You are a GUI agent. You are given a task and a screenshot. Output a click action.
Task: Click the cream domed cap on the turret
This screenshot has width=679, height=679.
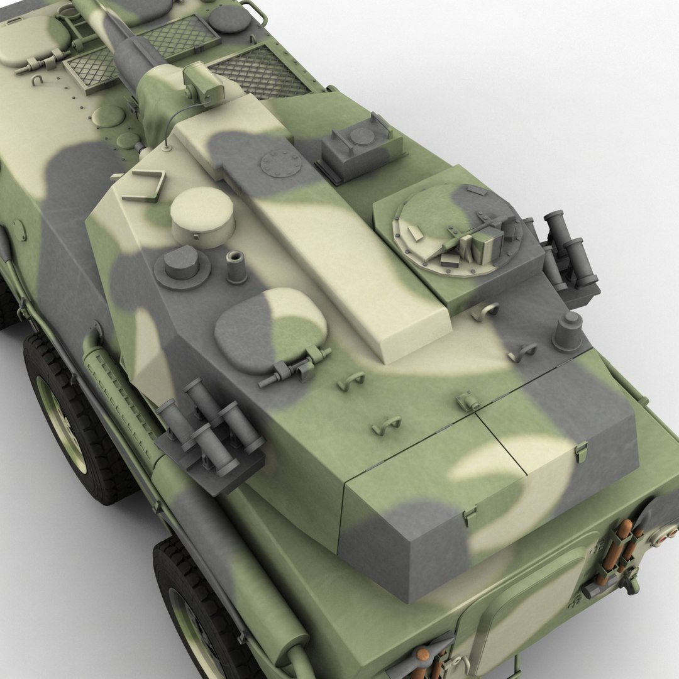click(202, 214)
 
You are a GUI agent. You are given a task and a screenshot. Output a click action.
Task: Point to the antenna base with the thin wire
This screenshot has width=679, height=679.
click(166, 146)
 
